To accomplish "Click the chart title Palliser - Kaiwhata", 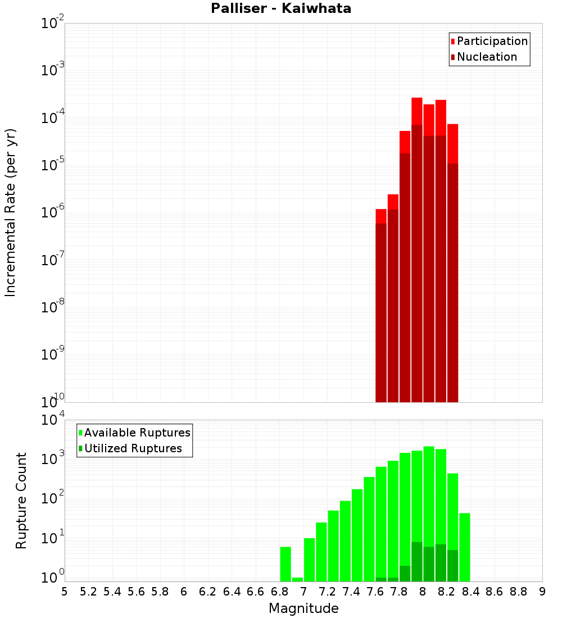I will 281,8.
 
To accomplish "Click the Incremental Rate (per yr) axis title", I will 10,212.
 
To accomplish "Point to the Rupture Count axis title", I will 21,501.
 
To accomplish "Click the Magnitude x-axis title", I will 303,608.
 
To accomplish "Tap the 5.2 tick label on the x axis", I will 88,592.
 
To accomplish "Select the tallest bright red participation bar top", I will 416,99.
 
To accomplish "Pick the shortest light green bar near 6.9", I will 297,579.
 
